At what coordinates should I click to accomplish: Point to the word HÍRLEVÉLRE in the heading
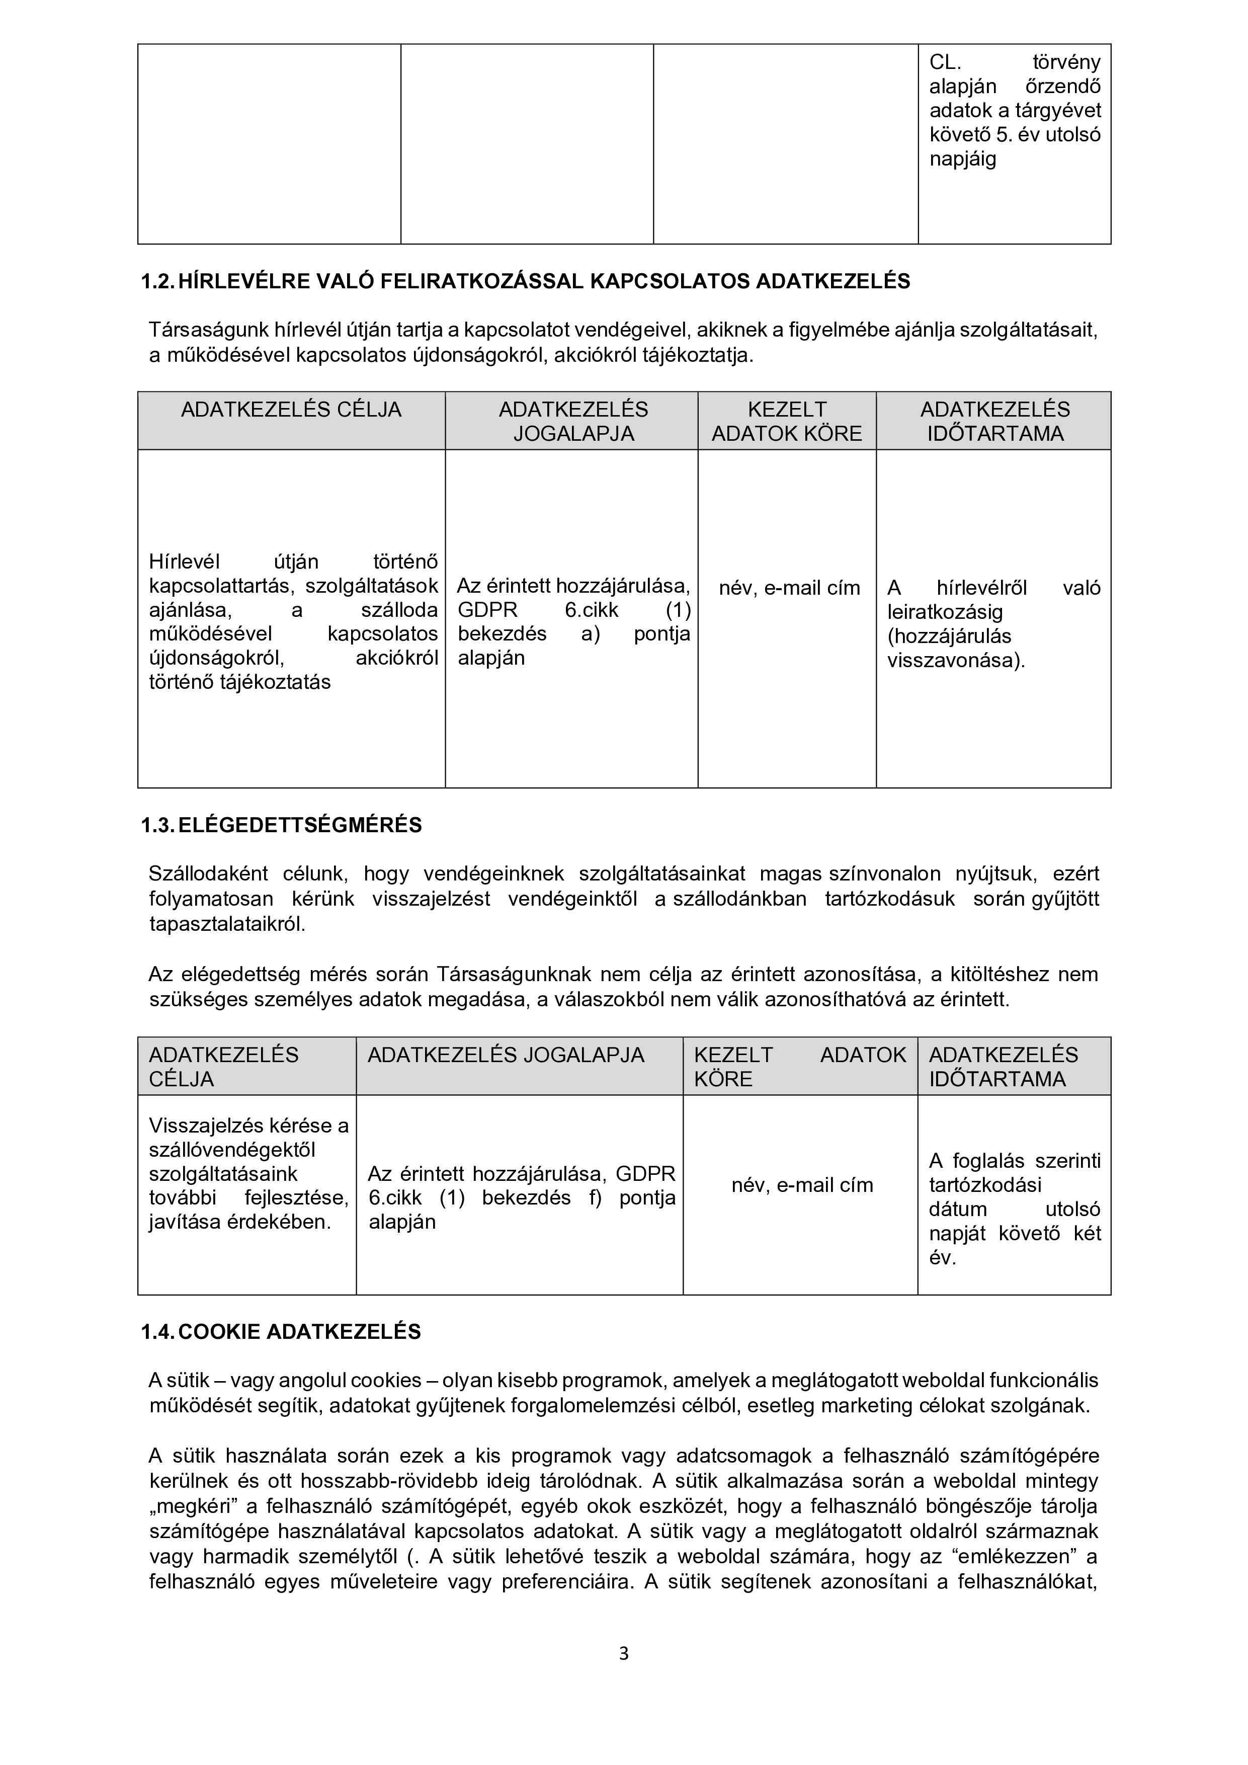244,281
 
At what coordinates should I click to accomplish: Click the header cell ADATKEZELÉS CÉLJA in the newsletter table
291,410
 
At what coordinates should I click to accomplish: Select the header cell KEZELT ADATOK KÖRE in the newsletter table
787,421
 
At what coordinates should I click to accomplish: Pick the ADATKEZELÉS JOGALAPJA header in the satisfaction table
506,1055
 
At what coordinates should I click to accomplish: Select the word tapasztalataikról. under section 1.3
227,924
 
